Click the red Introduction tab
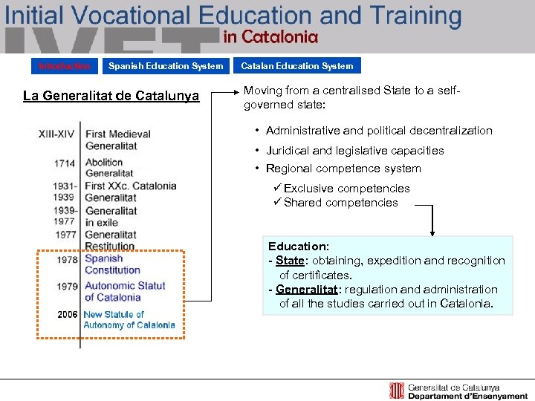[65, 66]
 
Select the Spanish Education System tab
[165, 66]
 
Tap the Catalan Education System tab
[296, 66]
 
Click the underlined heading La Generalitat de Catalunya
[111, 96]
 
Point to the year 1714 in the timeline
[64, 163]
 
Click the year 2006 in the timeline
[68, 315]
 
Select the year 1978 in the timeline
[68, 260]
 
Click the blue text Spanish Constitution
[112, 264]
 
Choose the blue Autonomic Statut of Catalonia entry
[125, 291]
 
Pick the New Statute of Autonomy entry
[129, 320]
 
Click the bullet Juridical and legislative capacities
[354, 150]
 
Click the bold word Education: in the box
[299, 247]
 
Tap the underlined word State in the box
[290, 261]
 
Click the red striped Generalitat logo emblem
[397, 391]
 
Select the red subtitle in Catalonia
[270, 36]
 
